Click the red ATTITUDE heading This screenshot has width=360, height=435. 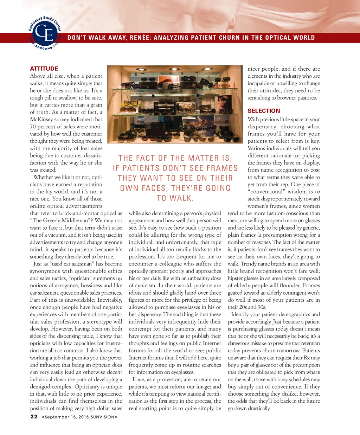click(x=44, y=69)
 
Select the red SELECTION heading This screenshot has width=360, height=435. click(x=264, y=110)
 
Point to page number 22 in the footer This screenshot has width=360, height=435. click(x=34, y=416)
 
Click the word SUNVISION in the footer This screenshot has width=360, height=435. click(x=103, y=417)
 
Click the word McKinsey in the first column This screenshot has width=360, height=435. click(x=42, y=119)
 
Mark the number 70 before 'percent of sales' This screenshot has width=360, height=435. click(x=33, y=127)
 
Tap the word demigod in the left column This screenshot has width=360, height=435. click(x=40, y=386)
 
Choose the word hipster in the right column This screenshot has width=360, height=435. click(x=237, y=278)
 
